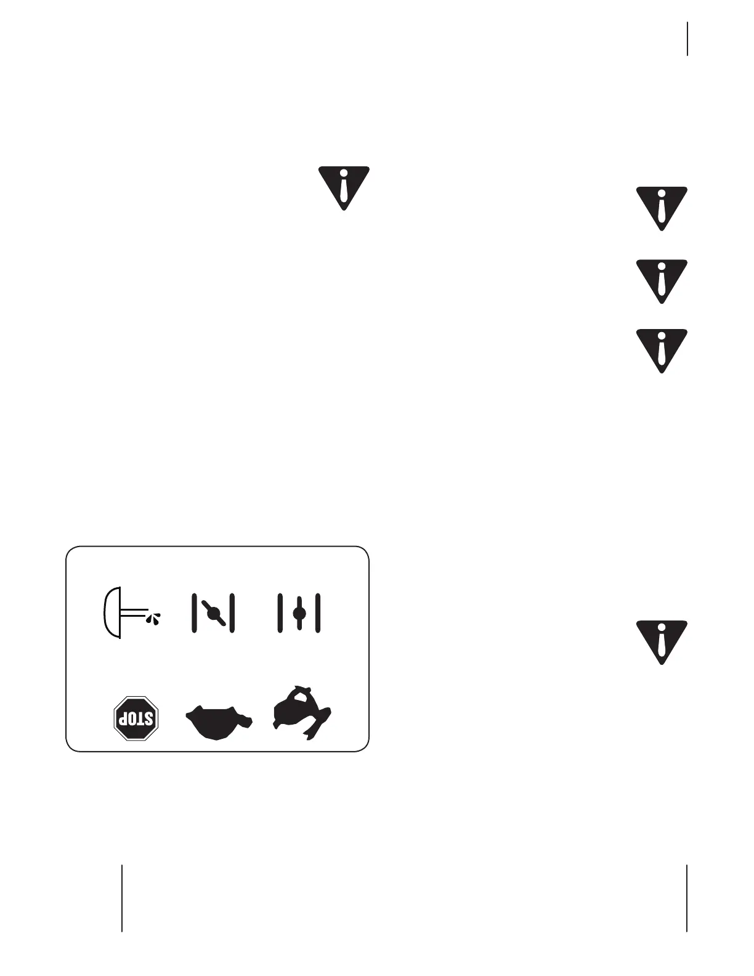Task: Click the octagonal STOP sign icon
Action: point(137,718)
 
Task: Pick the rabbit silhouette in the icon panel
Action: point(302,712)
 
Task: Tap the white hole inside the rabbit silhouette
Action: point(301,697)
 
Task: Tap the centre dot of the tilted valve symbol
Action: point(213,613)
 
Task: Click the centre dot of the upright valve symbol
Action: point(299,613)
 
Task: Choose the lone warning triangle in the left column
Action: point(344,186)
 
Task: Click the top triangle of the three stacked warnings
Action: point(662,207)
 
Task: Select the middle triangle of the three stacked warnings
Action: point(662,280)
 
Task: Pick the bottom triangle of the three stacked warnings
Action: point(662,349)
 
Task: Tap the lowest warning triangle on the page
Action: point(662,641)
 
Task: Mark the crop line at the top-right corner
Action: point(687,39)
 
